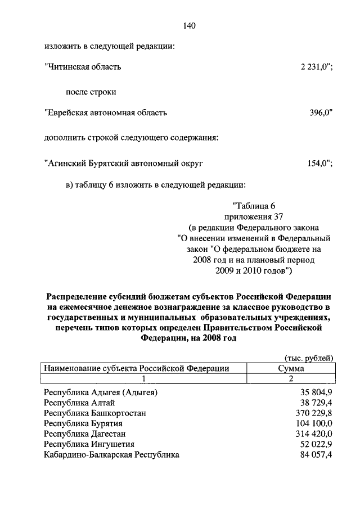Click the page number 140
click(189, 25)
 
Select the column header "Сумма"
click(291, 369)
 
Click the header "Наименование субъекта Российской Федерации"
click(137, 369)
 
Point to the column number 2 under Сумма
click(291, 379)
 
